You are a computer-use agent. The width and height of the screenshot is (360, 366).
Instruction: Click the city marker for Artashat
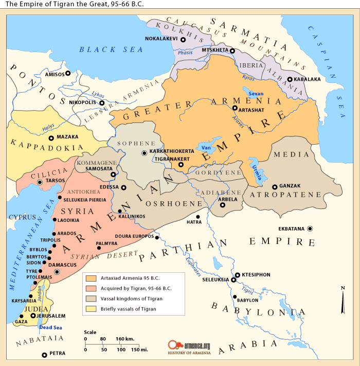(x=235, y=109)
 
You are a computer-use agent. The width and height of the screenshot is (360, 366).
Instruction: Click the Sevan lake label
(x=255, y=94)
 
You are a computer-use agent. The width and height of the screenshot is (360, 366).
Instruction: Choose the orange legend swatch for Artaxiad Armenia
(x=91, y=278)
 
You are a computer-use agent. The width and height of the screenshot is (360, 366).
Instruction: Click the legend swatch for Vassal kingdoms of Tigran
(x=91, y=299)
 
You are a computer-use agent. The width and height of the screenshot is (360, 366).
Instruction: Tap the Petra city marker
(x=44, y=355)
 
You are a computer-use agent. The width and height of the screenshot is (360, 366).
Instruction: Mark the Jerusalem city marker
(x=33, y=316)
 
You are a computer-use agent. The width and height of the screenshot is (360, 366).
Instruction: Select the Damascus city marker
(x=57, y=271)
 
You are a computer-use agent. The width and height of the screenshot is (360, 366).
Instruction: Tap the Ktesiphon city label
(x=256, y=275)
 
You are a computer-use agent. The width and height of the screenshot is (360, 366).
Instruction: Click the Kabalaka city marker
(x=290, y=79)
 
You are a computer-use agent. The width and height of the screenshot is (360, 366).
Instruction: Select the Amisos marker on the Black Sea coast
(x=67, y=74)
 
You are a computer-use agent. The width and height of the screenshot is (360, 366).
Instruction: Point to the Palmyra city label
(x=107, y=242)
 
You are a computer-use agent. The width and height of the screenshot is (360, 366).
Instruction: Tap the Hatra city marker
(x=198, y=217)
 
